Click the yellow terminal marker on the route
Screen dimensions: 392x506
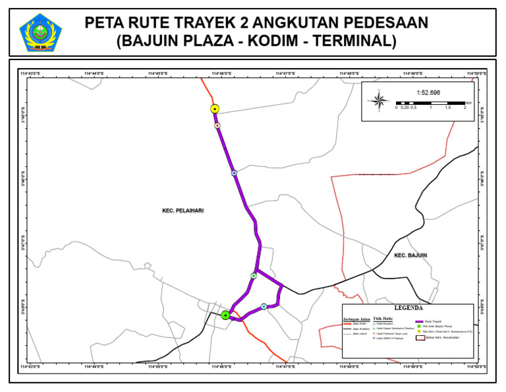click(215, 108)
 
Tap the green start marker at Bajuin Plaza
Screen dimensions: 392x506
click(225, 315)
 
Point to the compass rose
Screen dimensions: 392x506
click(379, 100)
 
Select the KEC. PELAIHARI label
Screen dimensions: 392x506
click(183, 211)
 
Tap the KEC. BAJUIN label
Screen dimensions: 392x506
click(410, 255)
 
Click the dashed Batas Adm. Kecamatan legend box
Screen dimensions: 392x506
click(418, 338)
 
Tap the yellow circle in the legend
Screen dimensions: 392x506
click(418, 332)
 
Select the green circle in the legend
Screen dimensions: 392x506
click(418, 326)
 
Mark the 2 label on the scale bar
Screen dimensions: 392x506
click(465, 108)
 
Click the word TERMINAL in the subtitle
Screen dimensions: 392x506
click(354, 42)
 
